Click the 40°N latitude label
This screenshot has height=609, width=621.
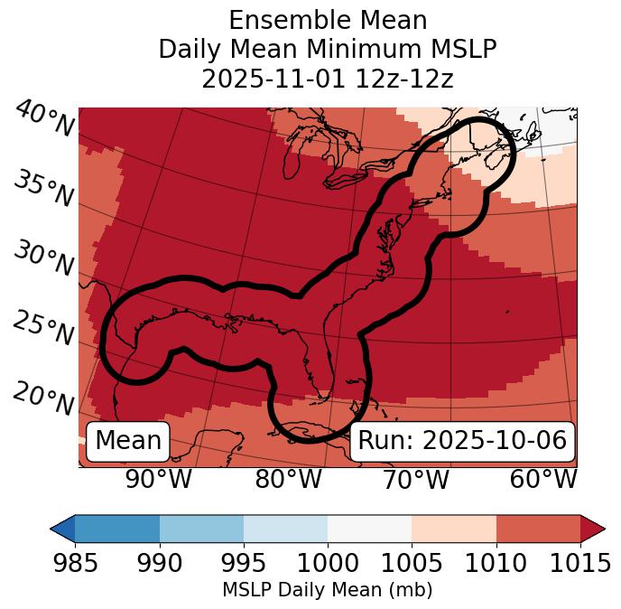(x=43, y=119)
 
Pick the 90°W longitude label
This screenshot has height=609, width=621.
(x=158, y=479)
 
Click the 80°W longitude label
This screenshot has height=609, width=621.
(x=288, y=479)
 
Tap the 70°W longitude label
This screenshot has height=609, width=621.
(x=414, y=479)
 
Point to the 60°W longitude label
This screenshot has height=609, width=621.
(x=542, y=479)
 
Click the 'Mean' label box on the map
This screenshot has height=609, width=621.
(x=128, y=441)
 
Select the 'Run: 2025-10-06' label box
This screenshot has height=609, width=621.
(x=462, y=441)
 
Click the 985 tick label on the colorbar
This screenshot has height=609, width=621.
(x=75, y=564)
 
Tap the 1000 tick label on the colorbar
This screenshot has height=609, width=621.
(x=328, y=564)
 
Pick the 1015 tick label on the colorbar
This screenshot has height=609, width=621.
(x=580, y=564)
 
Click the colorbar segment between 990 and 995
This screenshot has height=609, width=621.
(x=201, y=528)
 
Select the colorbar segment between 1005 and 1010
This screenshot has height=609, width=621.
(x=454, y=528)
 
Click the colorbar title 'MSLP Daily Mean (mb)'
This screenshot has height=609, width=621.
(x=327, y=590)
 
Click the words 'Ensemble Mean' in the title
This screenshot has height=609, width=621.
(x=328, y=20)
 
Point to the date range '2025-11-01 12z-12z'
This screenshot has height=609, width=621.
(x=328, y=79)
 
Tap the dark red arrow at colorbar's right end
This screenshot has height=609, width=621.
(x=593, y=528)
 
